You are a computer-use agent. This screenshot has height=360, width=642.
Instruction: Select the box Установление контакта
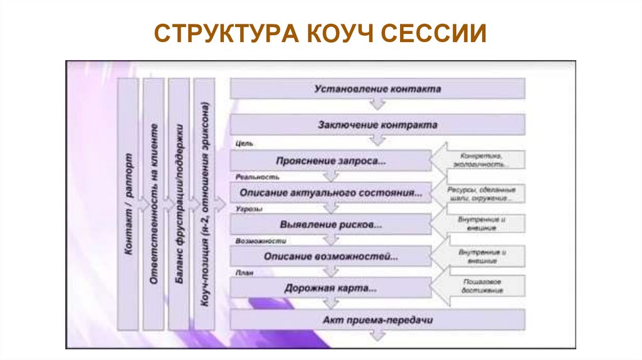(x=377, y=89)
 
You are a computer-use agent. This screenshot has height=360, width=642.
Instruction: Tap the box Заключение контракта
(x=377, y=125)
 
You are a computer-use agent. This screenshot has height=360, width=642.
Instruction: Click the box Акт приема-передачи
(x=377, y=320)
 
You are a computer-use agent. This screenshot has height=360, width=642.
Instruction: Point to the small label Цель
(x=244, y=144)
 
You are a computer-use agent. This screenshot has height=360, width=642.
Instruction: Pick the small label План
(x=245, y=273)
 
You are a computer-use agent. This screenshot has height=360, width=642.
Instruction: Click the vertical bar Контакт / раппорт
(x=128, y=204)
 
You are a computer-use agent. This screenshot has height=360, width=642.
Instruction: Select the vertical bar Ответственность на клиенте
(x=154, y=204)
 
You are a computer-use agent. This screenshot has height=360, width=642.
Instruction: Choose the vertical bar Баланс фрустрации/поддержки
(x=179, y=204)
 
